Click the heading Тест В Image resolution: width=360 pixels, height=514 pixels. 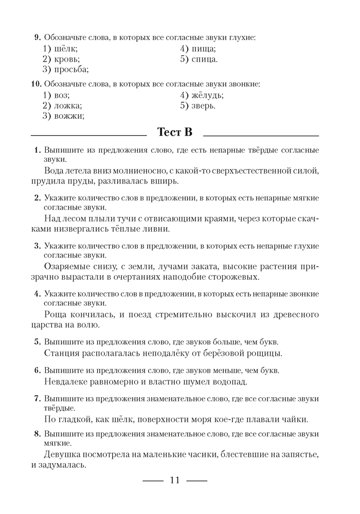tap(175, 133)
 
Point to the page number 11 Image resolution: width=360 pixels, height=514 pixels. tap(174, 481)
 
